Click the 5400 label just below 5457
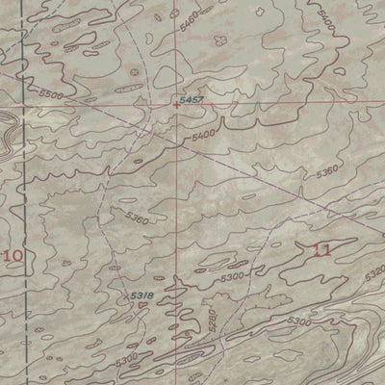click(x=202, y=137)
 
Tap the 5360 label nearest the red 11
click(x=327, y=174)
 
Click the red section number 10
click(x=13, y=255)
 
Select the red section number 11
click(x=323, y=249)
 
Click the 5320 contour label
click(x=374, y=273)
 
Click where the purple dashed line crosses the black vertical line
click(x=23, y=74)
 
